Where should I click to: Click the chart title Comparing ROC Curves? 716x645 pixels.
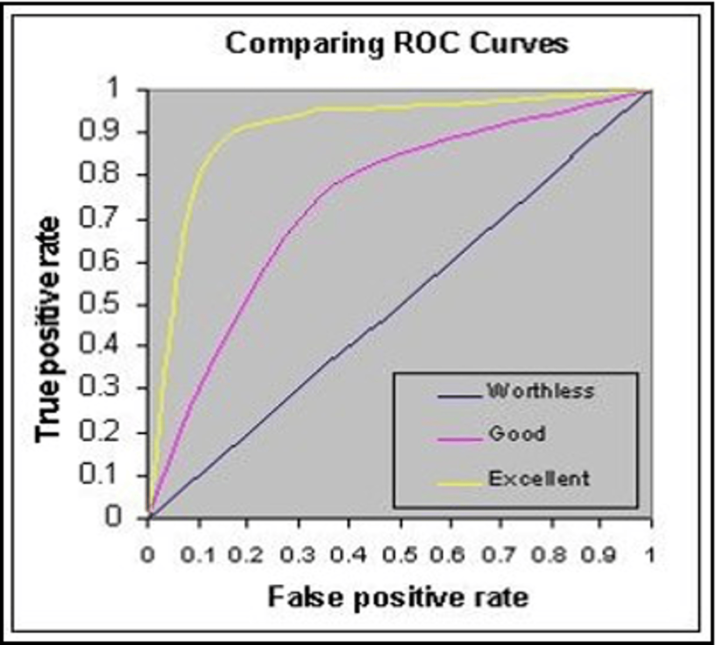[396, 44]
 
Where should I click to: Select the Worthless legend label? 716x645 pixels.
[541, 391]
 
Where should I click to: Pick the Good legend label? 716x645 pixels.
[517, 434]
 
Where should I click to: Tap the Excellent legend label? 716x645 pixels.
[539, 478]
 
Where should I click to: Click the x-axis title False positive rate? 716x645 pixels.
[398, 597]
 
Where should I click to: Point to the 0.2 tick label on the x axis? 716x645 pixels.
[246, 555]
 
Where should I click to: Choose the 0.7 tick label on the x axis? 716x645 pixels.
[500, 555]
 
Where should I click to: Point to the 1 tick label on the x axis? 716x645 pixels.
[650, 555]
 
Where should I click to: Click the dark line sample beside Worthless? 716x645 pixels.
[460, 397]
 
